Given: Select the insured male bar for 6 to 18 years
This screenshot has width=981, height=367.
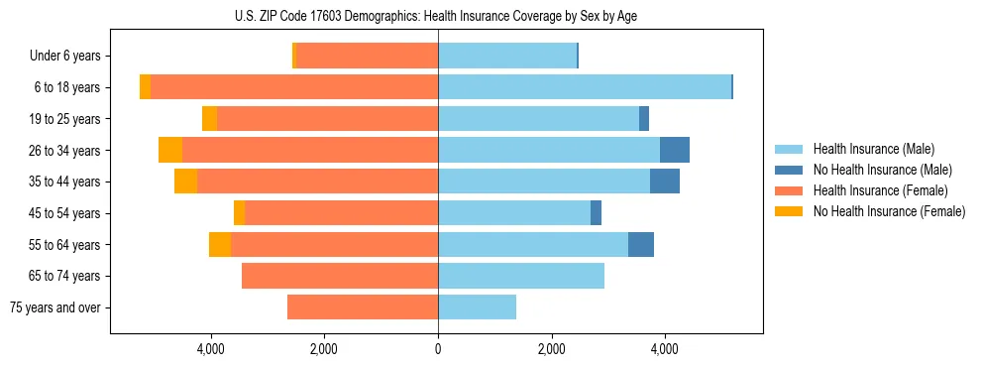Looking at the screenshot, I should (x=585, y=87).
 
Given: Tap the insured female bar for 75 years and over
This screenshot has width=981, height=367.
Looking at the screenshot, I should (x=363, y=307).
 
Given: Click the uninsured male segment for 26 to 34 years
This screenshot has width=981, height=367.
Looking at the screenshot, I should (x=675, y=150).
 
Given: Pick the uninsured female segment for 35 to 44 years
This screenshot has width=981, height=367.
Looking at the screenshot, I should (x=185, y=182).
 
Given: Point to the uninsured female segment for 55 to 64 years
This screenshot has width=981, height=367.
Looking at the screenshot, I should (x=220, y=244).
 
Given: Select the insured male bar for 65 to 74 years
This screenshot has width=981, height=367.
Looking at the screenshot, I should (x=521, y=276).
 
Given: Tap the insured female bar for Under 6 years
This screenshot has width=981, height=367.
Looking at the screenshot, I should (x=367, y=57).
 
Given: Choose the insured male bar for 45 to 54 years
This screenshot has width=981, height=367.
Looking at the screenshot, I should (x=514, y=213).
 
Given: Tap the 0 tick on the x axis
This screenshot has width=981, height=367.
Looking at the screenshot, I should (x=438, y=349).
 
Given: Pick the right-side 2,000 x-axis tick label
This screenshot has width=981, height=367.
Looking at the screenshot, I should (x=551, y=349).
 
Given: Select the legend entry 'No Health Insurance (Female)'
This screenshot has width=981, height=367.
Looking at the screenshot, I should (x=889, y=211).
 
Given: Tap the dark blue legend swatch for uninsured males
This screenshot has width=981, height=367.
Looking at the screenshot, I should (x=790, y=170).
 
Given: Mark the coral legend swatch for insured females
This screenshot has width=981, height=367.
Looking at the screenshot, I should (x=790, y=190).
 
